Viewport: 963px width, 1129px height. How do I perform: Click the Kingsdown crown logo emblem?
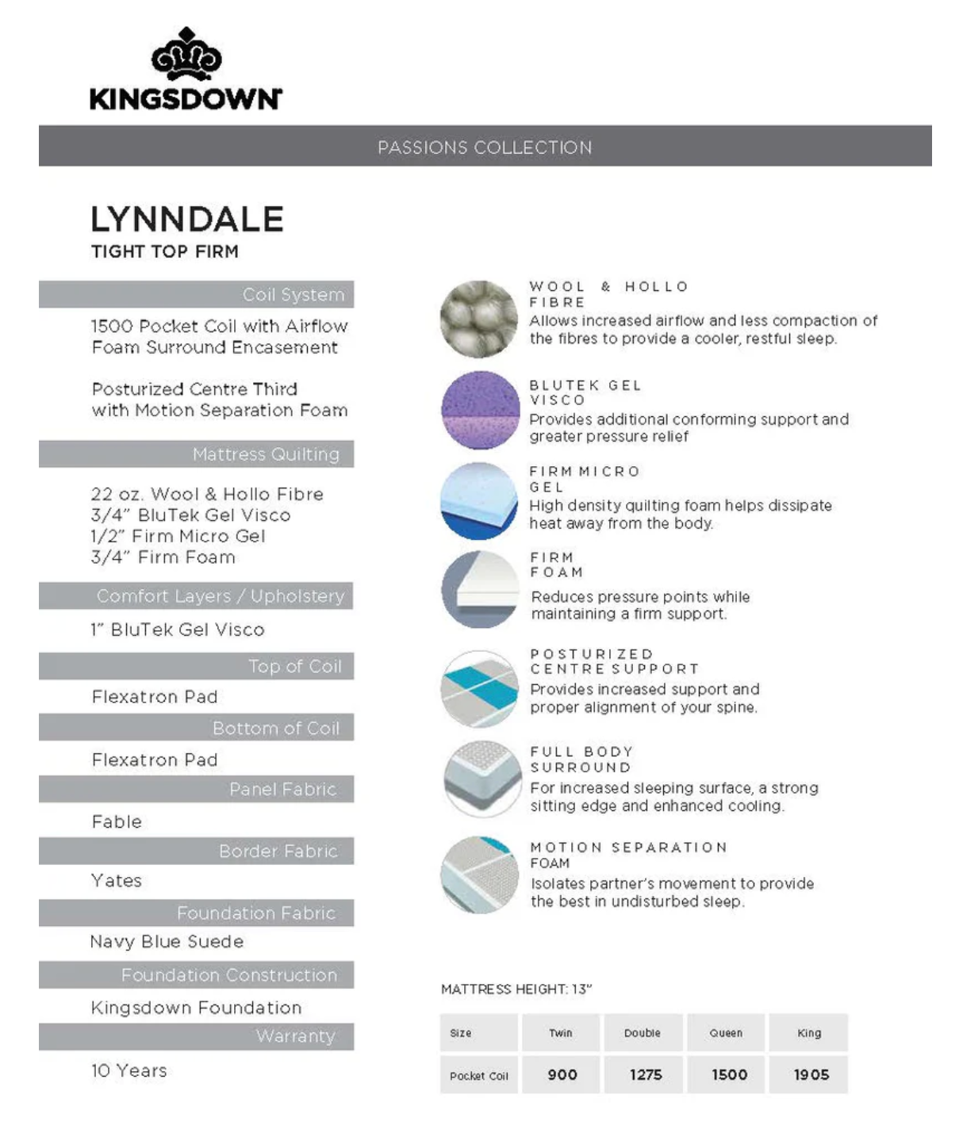coord(186,55)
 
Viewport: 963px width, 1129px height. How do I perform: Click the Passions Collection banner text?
coord(485,147)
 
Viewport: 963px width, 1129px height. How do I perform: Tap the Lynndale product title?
coord(187,220)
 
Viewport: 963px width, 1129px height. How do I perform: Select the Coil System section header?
coord(293,295)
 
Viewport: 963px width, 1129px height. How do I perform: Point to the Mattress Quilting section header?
coord(266,454)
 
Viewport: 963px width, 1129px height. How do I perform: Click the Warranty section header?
coord(295,1036)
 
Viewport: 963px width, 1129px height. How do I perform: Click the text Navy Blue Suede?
coord(167,942)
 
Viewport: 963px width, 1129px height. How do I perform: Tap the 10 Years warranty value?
coord(129,1070)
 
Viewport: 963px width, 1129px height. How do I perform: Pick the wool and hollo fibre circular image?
coord(479,319)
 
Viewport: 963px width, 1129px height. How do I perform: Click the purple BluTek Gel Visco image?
coord(479,410)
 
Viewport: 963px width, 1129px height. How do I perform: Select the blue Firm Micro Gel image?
coord(479,501)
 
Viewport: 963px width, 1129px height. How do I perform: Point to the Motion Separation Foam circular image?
coord(479,874)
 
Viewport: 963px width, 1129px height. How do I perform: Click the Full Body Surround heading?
coord(581,760)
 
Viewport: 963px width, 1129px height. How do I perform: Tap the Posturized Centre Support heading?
coord(614,661)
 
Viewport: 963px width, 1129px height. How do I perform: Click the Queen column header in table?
coord(726,1033)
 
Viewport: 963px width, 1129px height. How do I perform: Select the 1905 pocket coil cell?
coord(811,1075)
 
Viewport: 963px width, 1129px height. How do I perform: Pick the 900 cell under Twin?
coord(562,1075)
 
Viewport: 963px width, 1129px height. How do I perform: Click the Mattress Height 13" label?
coord(516,989)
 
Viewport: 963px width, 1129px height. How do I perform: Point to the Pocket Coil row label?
coord(478,1076)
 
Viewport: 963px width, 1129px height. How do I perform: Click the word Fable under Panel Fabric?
coord(117,821)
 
